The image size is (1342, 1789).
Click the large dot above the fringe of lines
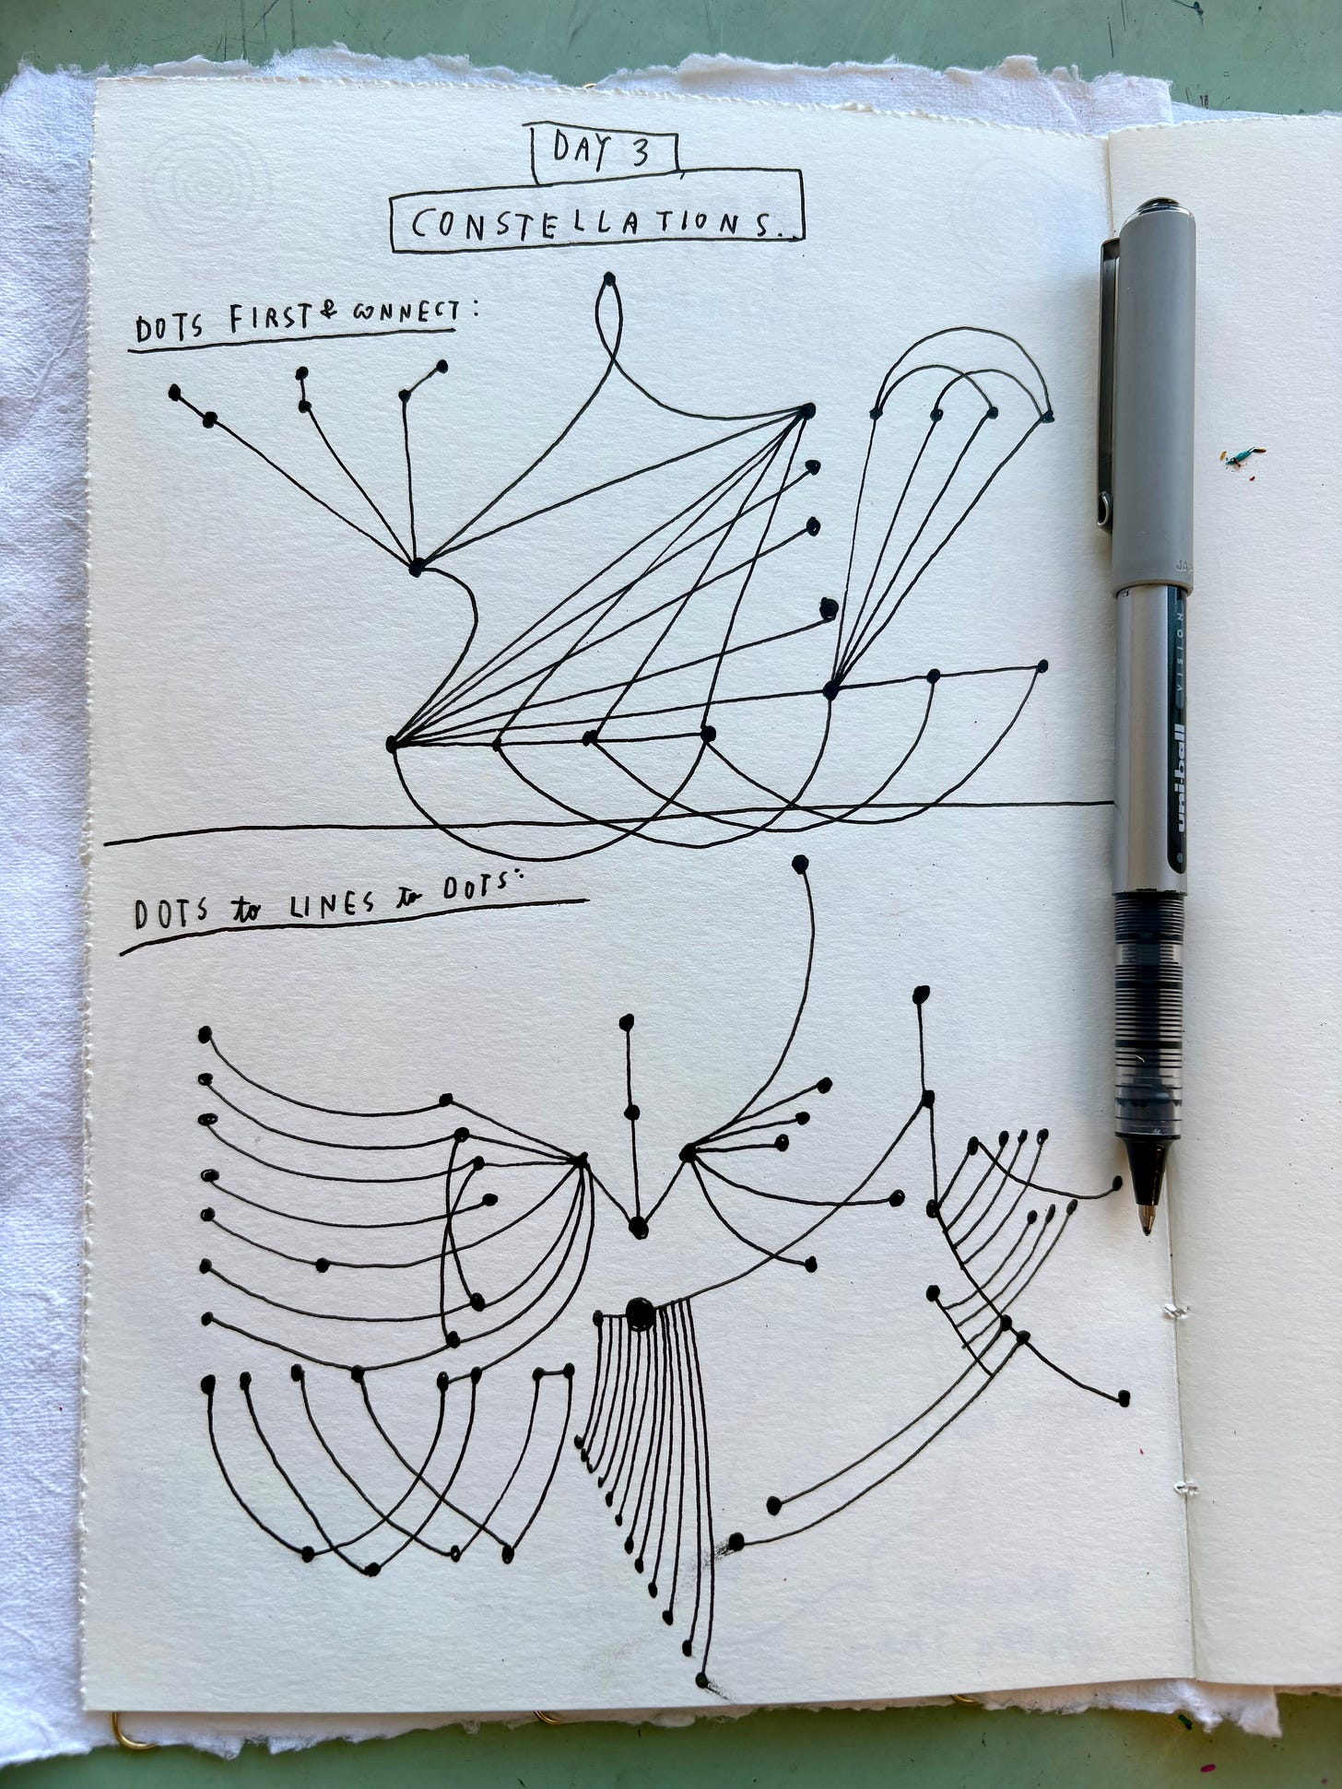(x=639, y=1313)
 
